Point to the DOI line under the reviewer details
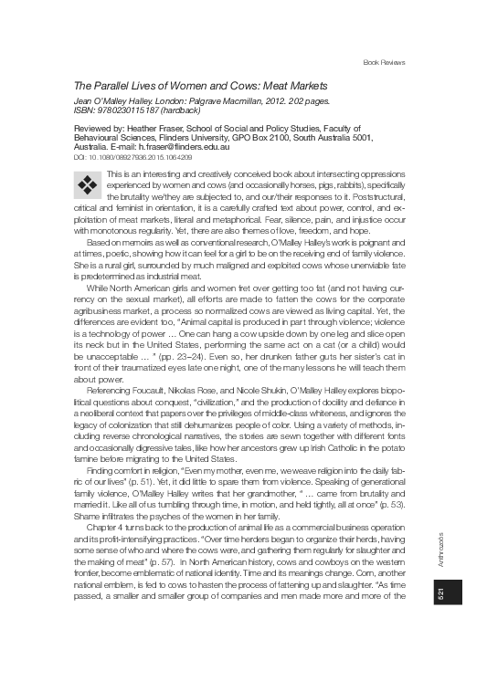coord(132,156)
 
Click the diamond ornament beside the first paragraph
coord(88,185)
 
